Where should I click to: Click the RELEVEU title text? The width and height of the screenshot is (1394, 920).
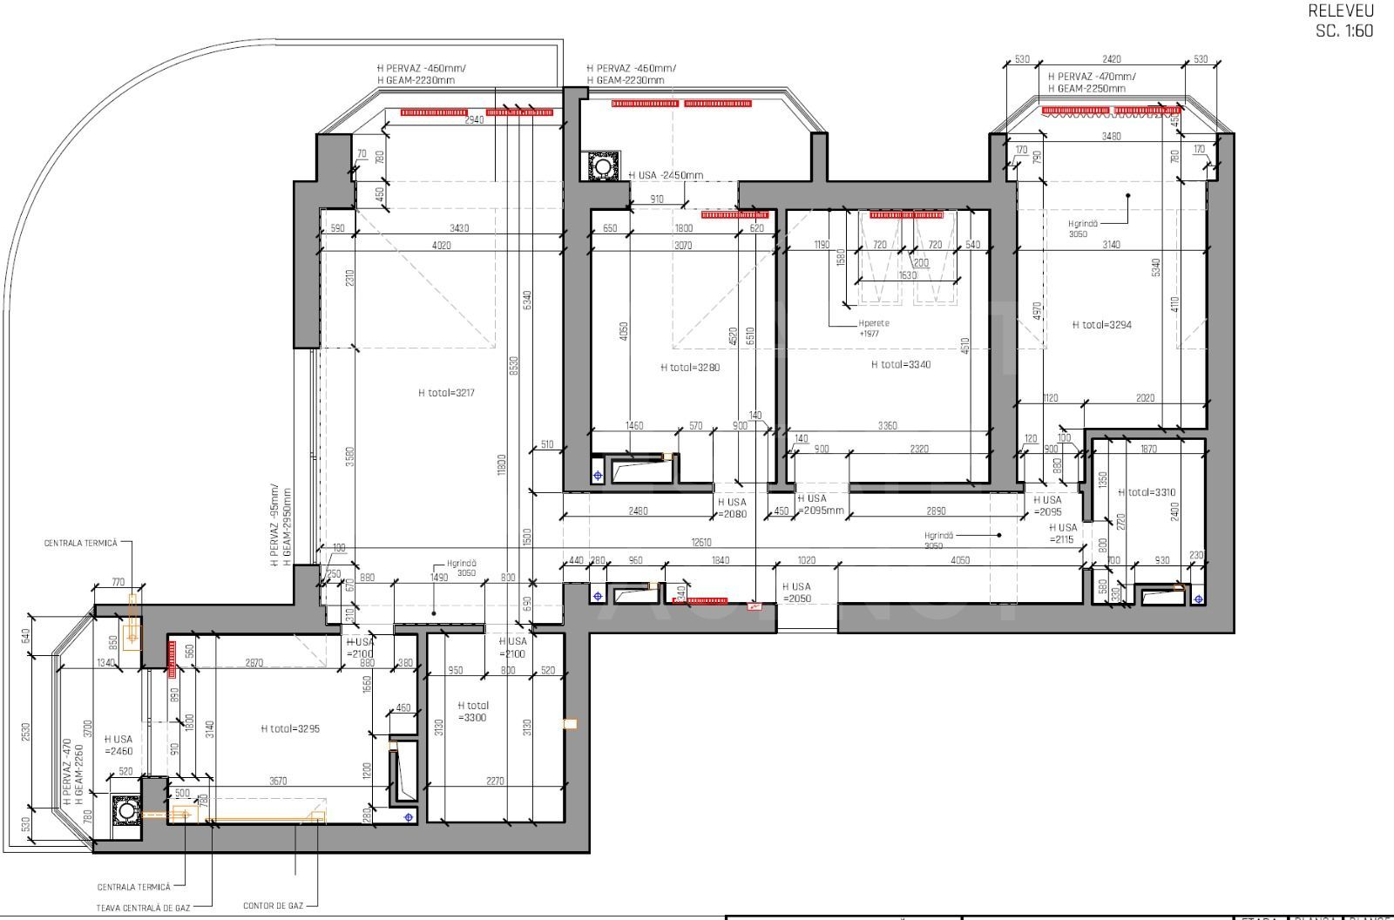[1340, 11]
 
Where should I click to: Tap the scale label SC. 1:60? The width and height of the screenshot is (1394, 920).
[1343, 30]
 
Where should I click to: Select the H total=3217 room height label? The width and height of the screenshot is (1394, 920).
[446, 393]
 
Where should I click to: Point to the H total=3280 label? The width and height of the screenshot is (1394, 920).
[690, 368]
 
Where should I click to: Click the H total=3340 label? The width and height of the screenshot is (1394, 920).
[900, 364]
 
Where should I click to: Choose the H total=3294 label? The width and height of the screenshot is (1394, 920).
[1101, 325]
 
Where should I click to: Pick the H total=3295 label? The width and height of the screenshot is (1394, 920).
[290, 728]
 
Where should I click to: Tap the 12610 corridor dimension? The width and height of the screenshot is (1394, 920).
[700, 543]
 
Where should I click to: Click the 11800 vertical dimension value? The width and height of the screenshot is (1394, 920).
[502, 463]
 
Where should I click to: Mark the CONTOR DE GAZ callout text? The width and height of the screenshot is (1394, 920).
[273, 906]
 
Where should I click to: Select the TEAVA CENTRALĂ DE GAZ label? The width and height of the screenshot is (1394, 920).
[143, 908]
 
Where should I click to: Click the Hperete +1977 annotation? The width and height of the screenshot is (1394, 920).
[874, 328]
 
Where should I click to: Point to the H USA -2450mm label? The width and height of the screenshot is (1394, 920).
[666, 175]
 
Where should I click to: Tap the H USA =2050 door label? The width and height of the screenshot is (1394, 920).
[796, 592]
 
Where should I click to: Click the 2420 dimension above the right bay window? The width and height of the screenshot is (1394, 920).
[1111, 59]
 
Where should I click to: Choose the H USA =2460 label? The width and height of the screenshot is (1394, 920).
[118, 745]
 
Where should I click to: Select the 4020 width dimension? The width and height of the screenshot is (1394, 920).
[441, 246]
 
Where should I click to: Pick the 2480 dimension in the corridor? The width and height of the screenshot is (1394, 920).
[638, 511]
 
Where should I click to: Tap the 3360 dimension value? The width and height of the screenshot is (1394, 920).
[887, 426]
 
